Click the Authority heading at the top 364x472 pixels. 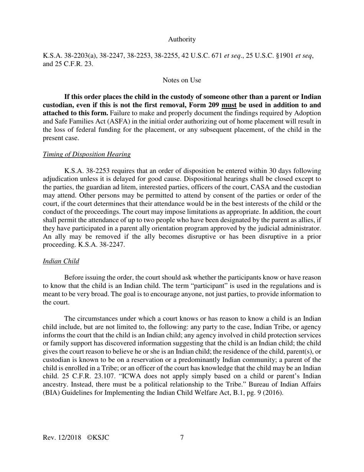(x=182, y=39)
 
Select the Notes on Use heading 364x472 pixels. (x=182, y=80)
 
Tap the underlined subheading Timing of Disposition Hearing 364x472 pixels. (x=87, y=154)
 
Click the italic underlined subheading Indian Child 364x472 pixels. (x=61, y=261)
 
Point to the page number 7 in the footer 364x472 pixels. (x=182, y=437)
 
